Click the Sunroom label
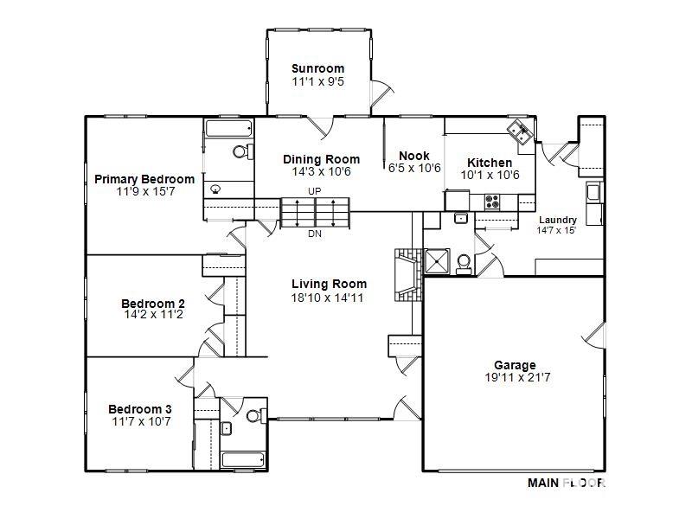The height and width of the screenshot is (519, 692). coord(317,68)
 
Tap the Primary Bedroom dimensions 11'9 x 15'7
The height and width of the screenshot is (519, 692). coord(144,191)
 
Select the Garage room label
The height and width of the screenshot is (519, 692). coord(515,365)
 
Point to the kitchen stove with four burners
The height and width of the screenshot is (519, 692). coord(493,202)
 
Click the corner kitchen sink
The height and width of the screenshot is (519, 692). coord(520,132)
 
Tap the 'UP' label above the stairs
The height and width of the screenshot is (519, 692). coord(314,190)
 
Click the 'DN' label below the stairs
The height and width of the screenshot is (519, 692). coord(314,234)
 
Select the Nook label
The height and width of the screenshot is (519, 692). coord(414,156)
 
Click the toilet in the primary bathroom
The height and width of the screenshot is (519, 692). coord(241,152)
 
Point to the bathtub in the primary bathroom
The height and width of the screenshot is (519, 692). coord(228,129)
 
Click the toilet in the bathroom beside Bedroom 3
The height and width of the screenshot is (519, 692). coord(254,416)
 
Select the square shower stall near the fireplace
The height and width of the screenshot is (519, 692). coord(437,260)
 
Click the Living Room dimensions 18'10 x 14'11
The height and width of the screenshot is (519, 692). coord(329,297)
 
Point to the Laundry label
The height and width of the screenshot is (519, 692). coord(557,220)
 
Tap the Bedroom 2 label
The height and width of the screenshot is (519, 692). coord(152,303)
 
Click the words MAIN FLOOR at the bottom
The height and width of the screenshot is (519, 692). coord(566,484)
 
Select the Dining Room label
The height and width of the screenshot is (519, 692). coord(321,159)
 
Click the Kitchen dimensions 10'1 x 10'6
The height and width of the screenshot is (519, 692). coord(490,175)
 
